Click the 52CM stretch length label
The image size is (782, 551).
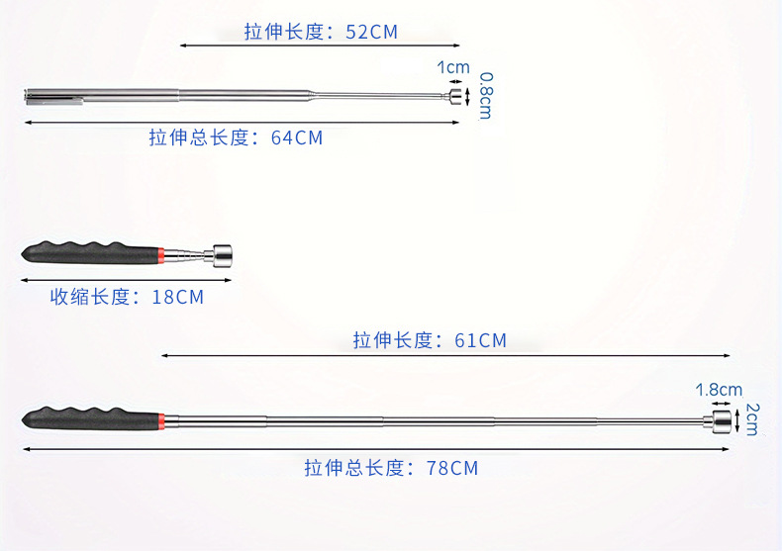[321, 32]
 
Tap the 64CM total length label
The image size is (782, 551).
[236, 138]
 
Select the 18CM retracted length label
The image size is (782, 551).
[127, 297]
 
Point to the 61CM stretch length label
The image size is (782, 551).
[430, 341]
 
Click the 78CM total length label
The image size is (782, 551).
[391, 468]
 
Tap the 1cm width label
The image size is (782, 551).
[453, 67]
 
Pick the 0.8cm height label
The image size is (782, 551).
[486, 95]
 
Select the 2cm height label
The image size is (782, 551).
[751, 419]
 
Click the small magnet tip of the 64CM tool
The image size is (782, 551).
[455, 96]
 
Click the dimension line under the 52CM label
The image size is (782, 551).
[320, 46]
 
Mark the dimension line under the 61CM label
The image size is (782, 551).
[445, 355]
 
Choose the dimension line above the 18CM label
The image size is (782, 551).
[126, 280]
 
